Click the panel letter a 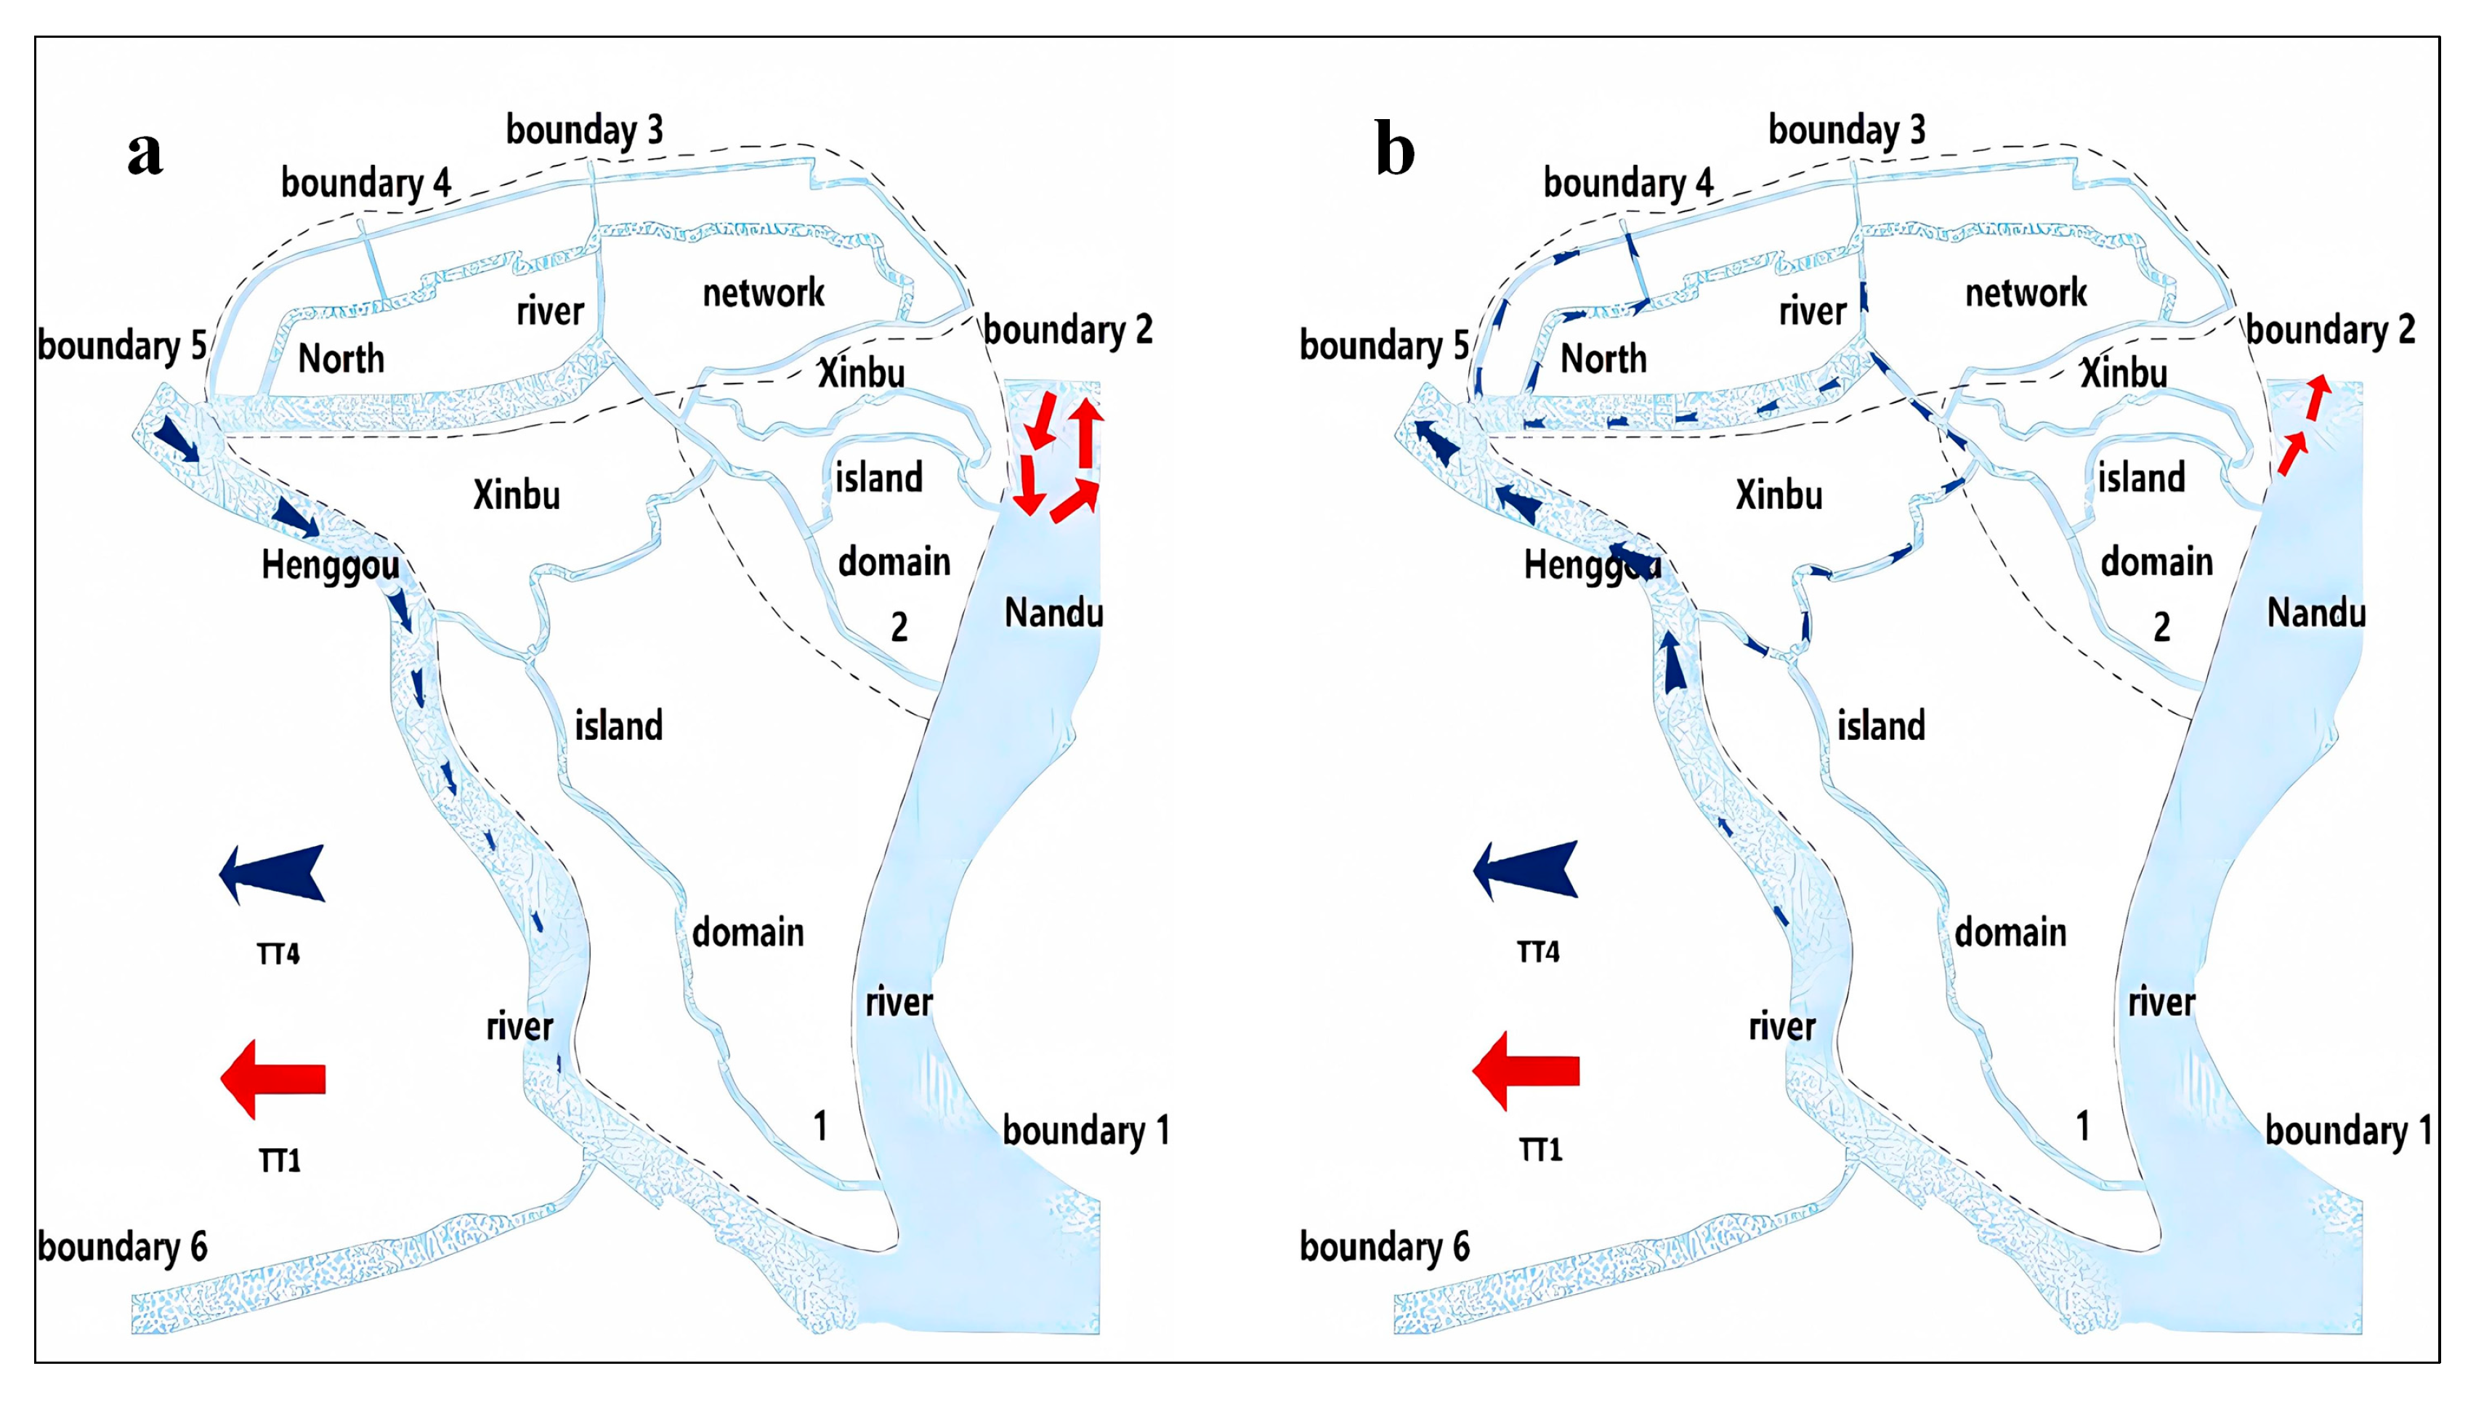coord(145,152)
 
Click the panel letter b coord(1395,150)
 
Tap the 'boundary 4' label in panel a coord(365,182)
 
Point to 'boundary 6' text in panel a coord(122,1247)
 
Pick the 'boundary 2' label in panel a coord(1068,330)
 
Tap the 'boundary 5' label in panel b coord(1383,345)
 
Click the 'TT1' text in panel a coord(280,1160)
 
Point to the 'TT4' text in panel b coord(1538,952)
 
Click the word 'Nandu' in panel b coord(2316,613)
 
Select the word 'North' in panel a coord(341,359)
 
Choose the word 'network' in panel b coord(2026,293)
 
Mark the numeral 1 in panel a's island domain coord(820,1126)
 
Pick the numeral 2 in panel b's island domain coord(2162,627)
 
